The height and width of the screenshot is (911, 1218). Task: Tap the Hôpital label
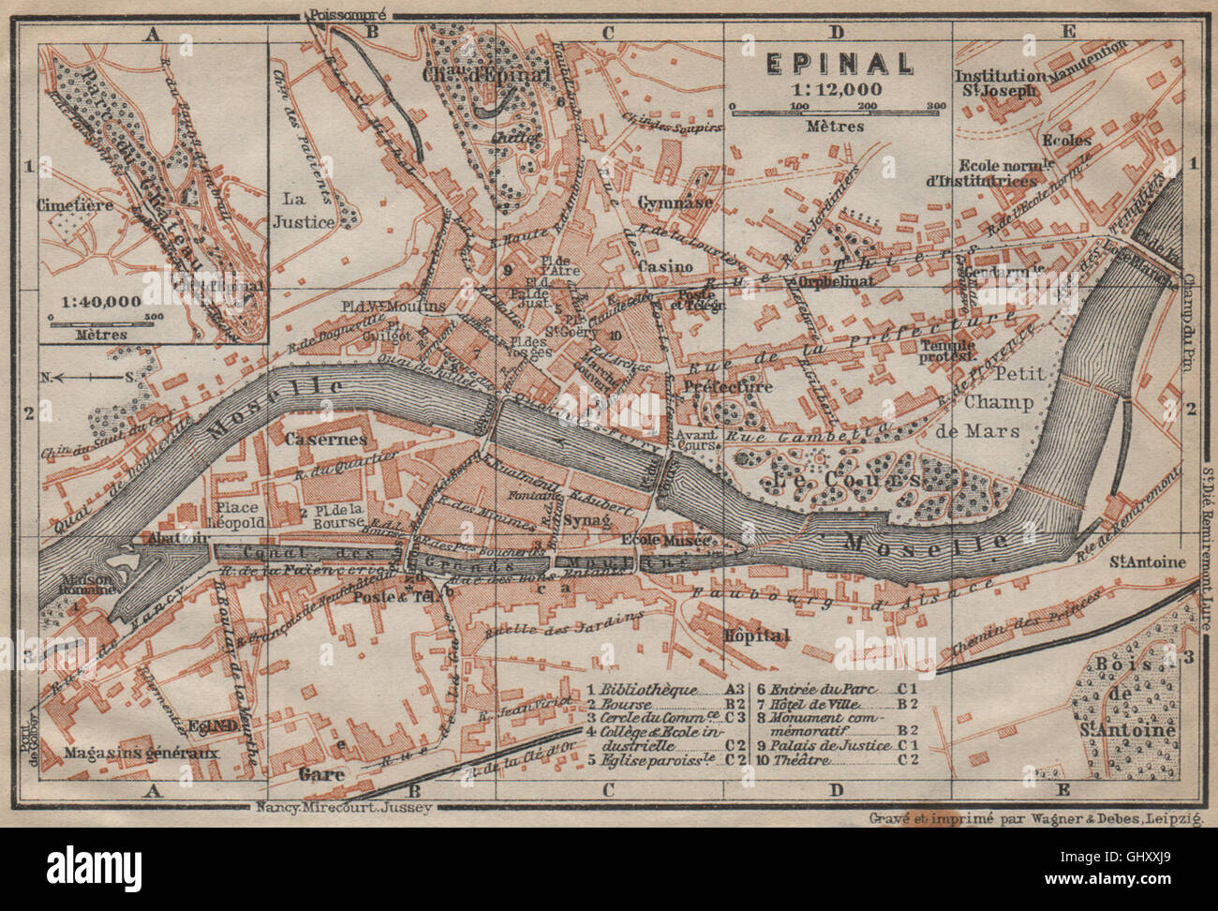(757, 635)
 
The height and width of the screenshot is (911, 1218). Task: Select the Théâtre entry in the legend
(803, 760)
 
